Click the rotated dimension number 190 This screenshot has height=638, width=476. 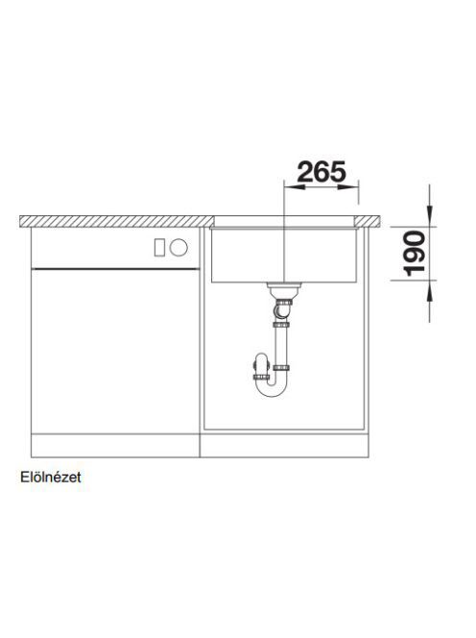click(414, 254)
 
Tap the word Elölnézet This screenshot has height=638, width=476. click(51, 477)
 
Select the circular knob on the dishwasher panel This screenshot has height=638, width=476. click(178, 247)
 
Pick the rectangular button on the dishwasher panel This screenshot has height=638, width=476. click(159, 247)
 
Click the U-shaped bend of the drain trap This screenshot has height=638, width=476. click(272, 391)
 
